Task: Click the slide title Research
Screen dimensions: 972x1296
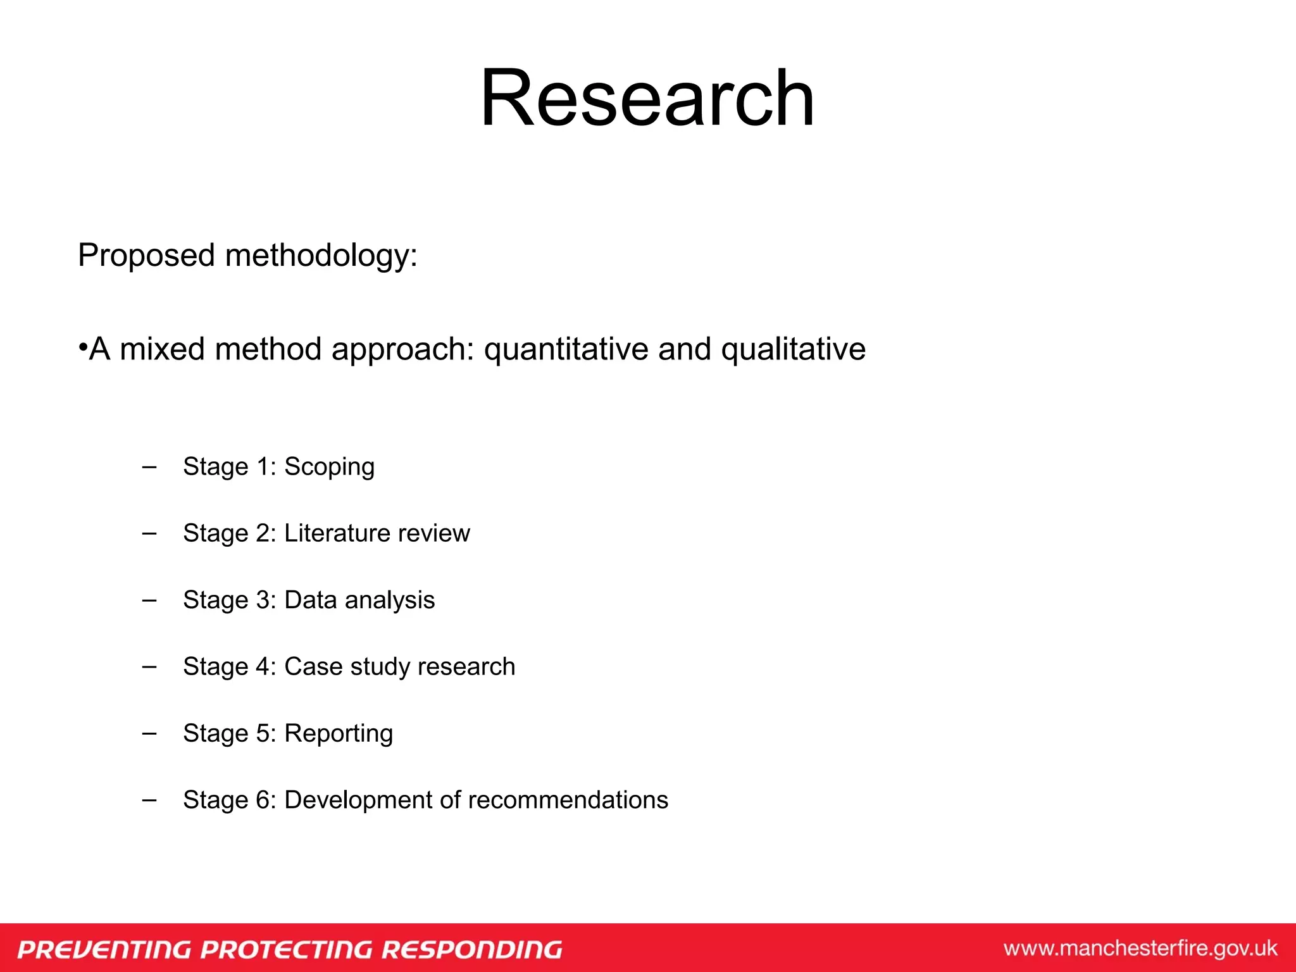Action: (x=647, y=99)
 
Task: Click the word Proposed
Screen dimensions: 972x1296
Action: (x=146, y=256)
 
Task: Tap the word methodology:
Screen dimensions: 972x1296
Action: (x=321, y=256)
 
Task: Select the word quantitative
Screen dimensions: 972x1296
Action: (x=566, y=349)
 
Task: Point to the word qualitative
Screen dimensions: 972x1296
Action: (x=793, y=349)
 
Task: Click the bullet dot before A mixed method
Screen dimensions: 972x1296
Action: (x=82, y=347)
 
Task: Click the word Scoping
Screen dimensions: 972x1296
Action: (x=329, y=467)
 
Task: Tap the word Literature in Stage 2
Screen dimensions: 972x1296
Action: (x=336, y=533)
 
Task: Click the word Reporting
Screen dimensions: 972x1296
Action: (x=339, y=733)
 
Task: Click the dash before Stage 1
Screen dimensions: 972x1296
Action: (x=149, y=467)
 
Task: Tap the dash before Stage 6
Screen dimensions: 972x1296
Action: (x=149, y=800)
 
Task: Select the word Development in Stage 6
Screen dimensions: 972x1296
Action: (x=358, y=800)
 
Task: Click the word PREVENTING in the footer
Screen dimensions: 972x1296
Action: (x=104, y=949)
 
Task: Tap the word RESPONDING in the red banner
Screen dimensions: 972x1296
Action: (x=471, y=949)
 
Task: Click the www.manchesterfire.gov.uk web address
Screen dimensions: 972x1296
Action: (x=1140, y=949)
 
